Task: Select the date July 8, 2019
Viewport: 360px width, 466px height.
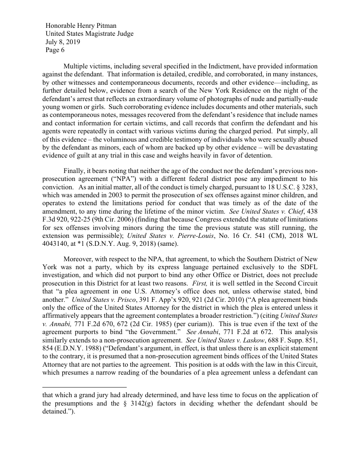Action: (63, 42)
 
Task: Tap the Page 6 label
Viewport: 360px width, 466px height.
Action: (55, 50)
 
